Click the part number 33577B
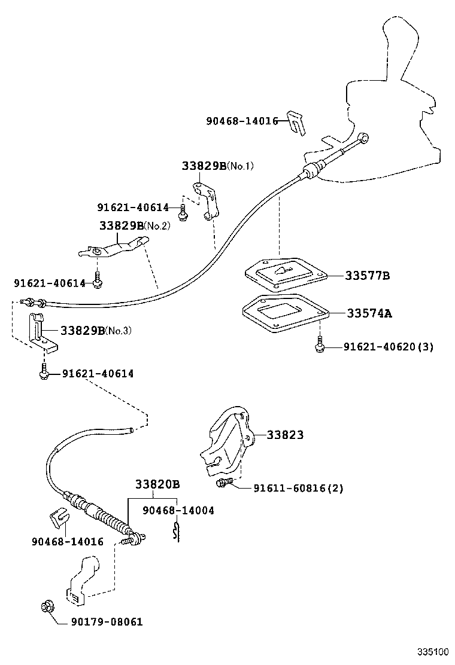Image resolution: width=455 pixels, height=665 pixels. (x=367, y=276)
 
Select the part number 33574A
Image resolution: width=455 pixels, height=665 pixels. (x=369, y=313)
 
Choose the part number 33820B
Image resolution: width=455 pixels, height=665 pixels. (x=157, y=484)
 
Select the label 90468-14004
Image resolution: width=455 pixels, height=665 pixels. (x=178, y=510)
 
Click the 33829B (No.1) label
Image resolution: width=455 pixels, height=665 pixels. (x=217, y=166)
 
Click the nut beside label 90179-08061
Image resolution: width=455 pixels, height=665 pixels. (x=46, y=608)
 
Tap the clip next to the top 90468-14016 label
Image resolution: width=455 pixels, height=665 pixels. (x=296, y=122)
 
